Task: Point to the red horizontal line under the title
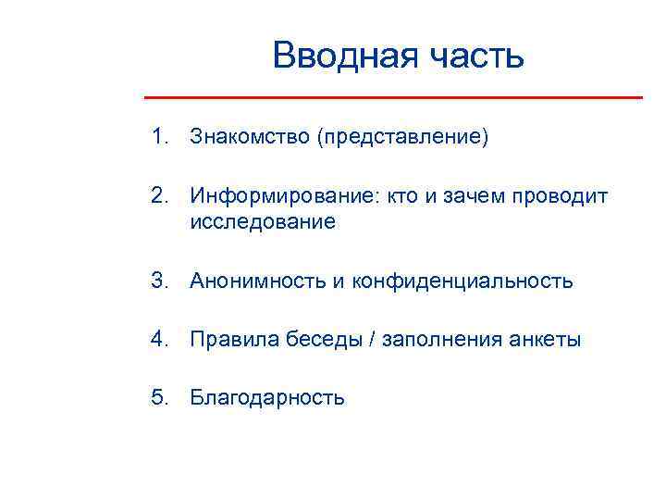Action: point(393,97)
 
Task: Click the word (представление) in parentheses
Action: point(401,138)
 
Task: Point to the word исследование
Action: point(263,222)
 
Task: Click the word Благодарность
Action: point(267,398)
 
